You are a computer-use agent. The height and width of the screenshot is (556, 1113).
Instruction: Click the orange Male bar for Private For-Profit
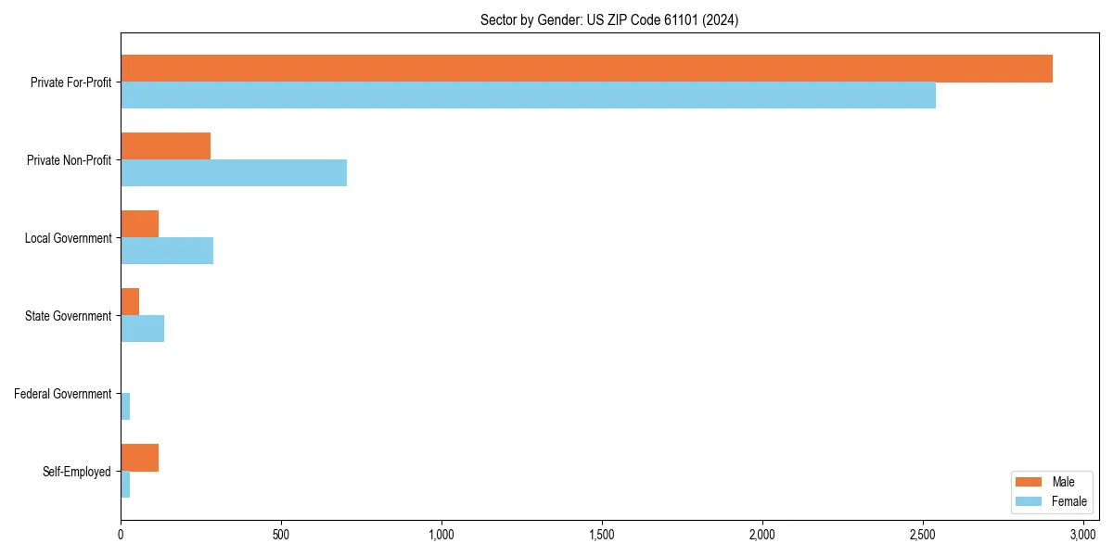[586, 69]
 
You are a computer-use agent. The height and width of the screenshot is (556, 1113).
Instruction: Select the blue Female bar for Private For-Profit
[528, 95]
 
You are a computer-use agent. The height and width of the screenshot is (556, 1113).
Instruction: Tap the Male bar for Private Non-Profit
[165, 146]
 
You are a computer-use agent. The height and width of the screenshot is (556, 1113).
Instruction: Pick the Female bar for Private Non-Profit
[234, 173]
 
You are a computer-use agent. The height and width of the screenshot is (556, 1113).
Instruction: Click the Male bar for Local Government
[139, 224]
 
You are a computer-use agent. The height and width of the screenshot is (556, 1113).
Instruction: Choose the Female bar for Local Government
[167, 251]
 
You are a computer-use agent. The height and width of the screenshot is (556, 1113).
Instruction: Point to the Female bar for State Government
[142, 329]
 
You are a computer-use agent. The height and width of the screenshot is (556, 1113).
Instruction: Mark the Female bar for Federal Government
[125, 407]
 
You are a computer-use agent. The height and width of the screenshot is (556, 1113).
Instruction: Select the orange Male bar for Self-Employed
[139, 458]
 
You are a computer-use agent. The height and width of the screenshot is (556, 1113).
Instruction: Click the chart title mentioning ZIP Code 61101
[609, 19]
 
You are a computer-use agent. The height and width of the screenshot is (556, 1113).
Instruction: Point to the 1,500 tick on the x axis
[602, 535]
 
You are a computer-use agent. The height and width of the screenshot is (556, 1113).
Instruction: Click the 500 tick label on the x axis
[281, 535]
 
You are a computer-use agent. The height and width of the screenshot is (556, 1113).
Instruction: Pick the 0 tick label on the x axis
[121, 535]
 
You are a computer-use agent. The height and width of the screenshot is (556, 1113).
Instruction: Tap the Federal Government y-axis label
[63, 394]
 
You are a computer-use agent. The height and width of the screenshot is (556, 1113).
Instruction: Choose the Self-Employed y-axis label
[77, 472]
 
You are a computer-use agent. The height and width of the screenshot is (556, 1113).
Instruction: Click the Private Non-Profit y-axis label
[69, 160]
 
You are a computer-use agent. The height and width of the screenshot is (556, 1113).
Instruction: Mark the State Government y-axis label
[68, 316]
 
